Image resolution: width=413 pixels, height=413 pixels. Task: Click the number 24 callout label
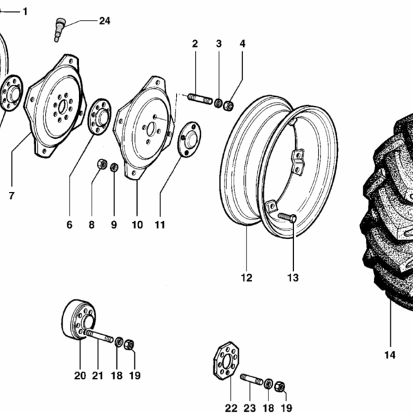[x=104, y=21]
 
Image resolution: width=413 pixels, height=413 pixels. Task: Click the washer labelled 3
[x=219, y=103]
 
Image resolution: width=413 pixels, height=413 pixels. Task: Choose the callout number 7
[x=11, y=196]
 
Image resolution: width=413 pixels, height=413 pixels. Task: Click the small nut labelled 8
[x=100, y=165]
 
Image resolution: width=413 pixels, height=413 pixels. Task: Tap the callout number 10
[x=136, y=225]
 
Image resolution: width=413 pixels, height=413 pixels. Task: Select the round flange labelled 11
[x=188, y=138]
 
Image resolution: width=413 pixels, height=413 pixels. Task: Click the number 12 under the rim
[x=246, y=278]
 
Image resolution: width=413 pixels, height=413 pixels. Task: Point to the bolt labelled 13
[x=288, y=218]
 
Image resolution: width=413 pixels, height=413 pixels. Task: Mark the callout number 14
[x=390, y=355]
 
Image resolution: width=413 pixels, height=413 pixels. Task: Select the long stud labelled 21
[x=100, y=338]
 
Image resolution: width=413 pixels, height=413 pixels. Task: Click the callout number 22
[x=231, y=408]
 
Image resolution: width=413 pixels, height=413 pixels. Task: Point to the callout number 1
[x=25, y=12]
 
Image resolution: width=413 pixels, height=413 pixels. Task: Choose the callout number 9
[x=114, y=225]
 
